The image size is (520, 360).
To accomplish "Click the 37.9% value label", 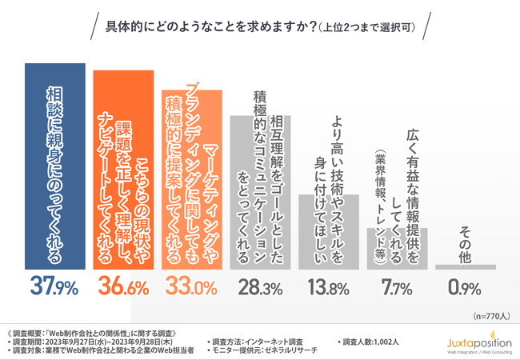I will (x=55, y=284).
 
